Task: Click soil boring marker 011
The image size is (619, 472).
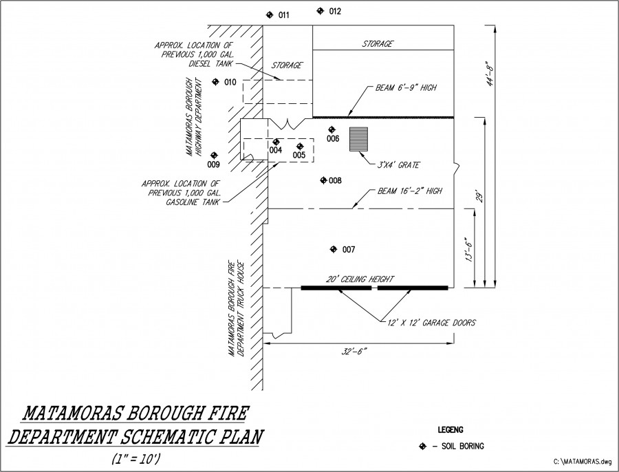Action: click(x=270, y=14)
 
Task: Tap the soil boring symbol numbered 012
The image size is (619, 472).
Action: click(x=320, y=11)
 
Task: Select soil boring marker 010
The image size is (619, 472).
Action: click(x=215, y=82)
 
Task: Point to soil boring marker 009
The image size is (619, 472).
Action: click(x=214, y=155)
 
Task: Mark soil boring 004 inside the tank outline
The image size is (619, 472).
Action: click(x=276, y=142)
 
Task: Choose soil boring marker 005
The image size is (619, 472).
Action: click(x=300, y=146)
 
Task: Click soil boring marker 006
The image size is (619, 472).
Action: click(x=332, y=129)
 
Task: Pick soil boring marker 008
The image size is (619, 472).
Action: click(x=323, y=180)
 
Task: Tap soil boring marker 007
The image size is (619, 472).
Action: click(x=334, y=248)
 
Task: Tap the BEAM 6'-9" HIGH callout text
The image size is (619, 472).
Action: click(x=406, y=88)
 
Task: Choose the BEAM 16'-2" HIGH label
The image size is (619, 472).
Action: click(x=409, y=191)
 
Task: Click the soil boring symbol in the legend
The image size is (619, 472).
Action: click(x=423, y=446)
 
